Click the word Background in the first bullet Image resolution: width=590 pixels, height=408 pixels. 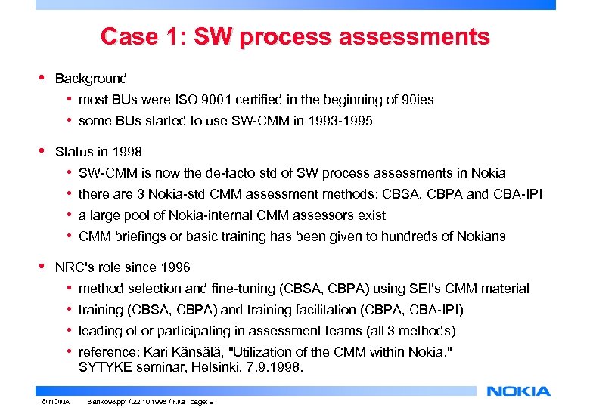point(91,79)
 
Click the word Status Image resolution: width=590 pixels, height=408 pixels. point(73,152)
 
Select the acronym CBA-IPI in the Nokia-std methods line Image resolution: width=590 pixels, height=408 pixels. point(518,194)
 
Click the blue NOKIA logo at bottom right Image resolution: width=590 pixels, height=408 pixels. point(519,391)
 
